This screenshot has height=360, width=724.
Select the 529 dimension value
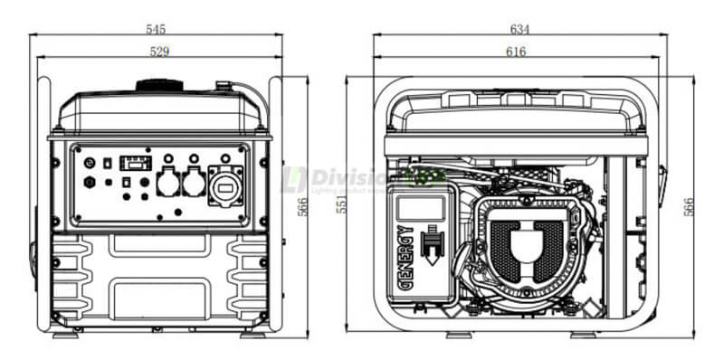[x=159, y=52]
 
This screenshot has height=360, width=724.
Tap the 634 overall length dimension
[x=519, y=29]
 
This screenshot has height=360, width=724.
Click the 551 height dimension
[x=341, y=205]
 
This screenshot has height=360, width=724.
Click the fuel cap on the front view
[x=159, y=86]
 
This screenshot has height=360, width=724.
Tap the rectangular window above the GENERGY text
[x=420, y=209]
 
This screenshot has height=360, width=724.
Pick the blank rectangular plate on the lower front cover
[x=160, y=298]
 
